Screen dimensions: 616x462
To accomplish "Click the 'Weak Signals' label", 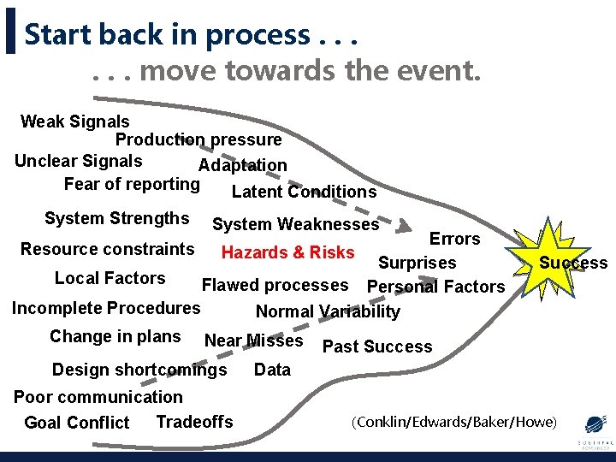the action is coord(75,121).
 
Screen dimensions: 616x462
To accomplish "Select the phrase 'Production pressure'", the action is coord(198,139).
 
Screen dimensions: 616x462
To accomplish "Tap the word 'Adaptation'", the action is coord(243,165).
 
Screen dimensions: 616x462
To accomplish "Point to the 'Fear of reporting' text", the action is coord(132,184).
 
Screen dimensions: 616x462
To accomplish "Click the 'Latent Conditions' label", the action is coord(304,192).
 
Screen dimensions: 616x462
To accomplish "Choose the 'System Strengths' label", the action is coord(116,218).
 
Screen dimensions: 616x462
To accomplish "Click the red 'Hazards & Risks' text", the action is coord(287,252).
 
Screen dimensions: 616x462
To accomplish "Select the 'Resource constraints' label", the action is coord(108,249).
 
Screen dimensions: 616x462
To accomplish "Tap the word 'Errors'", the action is coord(454,239).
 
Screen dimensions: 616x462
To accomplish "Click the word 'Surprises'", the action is coord(418,263).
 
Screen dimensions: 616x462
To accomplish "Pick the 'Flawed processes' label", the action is coord(275,285).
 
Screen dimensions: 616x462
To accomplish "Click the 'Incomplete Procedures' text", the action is coord(106,308).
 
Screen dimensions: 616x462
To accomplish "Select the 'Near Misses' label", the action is coord(253,341).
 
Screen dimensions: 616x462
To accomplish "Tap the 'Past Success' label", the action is coord(377,346).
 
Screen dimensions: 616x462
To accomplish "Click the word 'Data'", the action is coord(272,370).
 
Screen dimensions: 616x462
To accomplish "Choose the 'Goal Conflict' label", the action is coord(77,423).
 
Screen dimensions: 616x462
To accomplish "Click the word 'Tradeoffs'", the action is coord(194,421).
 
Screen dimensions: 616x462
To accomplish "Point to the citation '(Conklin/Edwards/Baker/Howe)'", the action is coord(454,421).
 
